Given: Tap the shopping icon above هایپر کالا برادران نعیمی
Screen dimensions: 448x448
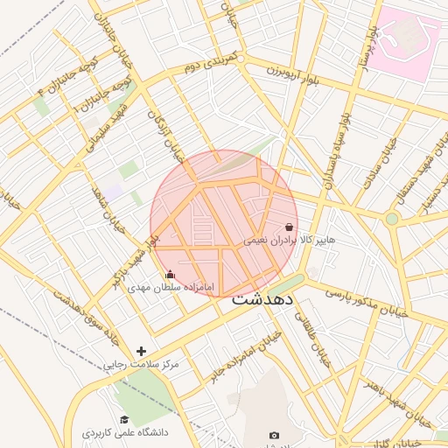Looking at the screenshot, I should point(289,227).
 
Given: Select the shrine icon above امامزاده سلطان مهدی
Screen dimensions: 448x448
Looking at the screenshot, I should point(170,274).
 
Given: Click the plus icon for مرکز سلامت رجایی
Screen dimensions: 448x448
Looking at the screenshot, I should point(141,351).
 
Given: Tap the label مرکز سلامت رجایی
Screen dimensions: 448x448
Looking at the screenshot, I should point(141,363).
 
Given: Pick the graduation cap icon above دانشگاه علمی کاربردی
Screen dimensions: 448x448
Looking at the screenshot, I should point(124,420).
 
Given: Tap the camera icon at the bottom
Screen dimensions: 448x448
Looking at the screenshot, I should point(274,435).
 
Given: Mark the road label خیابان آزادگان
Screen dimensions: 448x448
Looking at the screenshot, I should point(167,136).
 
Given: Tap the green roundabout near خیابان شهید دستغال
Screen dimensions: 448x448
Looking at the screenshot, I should point(392,218).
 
